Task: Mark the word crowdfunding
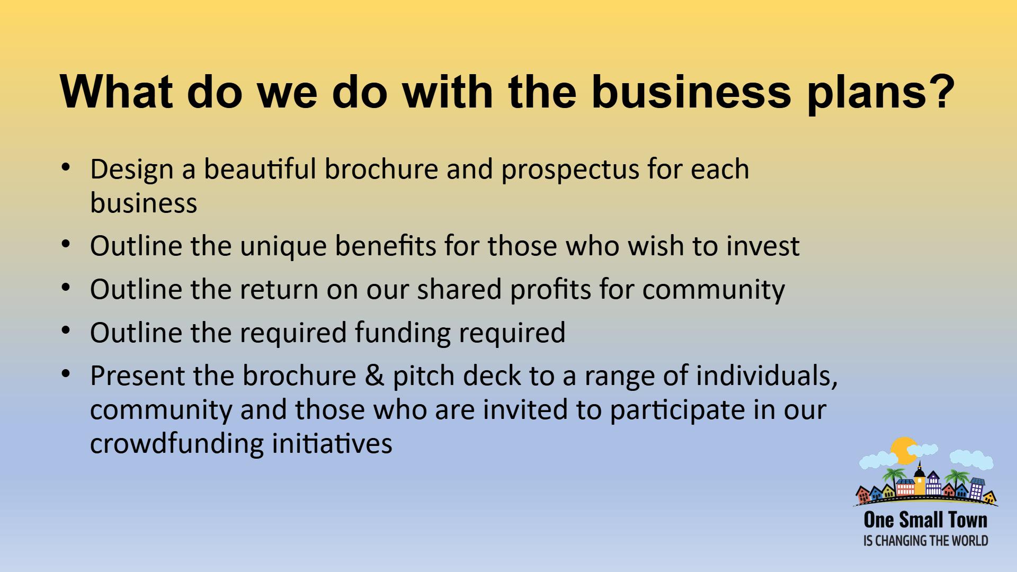click(176, 444)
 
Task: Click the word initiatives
click(332, 443)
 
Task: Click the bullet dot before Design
click(66, 168)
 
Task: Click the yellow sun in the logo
click(903, 451)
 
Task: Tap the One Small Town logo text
click(925, 520)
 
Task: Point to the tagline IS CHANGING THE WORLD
click(925, 541)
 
